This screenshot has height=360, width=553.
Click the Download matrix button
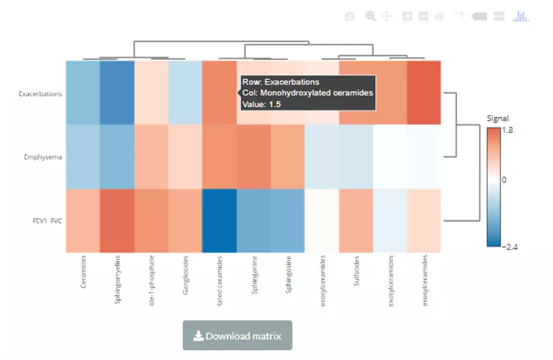(238, 336)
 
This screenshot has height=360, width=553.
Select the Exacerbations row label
(40, 94)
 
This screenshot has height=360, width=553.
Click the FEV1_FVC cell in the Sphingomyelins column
(117, 221)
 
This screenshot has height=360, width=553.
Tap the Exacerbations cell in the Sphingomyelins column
(117, 93)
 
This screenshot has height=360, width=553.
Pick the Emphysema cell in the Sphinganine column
(253, 157)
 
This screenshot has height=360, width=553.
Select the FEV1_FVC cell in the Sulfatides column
(356, 221)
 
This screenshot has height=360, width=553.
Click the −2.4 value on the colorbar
(509, 246)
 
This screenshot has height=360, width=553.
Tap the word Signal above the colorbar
(498, 118)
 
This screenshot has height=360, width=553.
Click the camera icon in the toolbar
(350, 16)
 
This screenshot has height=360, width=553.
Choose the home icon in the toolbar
(439, 16)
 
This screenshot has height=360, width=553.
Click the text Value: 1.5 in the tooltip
(261, 104)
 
